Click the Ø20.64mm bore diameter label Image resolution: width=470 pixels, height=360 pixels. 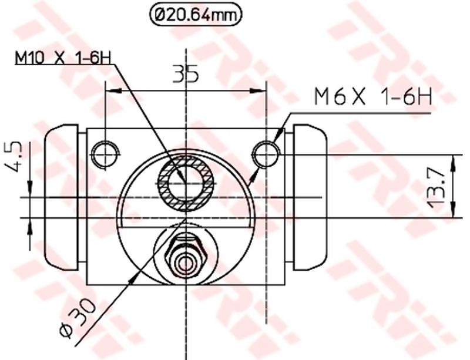point(196,15)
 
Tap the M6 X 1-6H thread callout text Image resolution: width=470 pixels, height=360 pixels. point(373,96)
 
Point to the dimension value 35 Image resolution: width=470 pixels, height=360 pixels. point(185,74)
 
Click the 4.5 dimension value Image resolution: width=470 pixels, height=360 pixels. point(14,156)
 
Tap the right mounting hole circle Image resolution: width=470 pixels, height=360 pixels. point(266,154)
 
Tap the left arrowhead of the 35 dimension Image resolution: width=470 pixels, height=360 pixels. point(112,90)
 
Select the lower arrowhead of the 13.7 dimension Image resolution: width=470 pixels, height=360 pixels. point(452,211)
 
